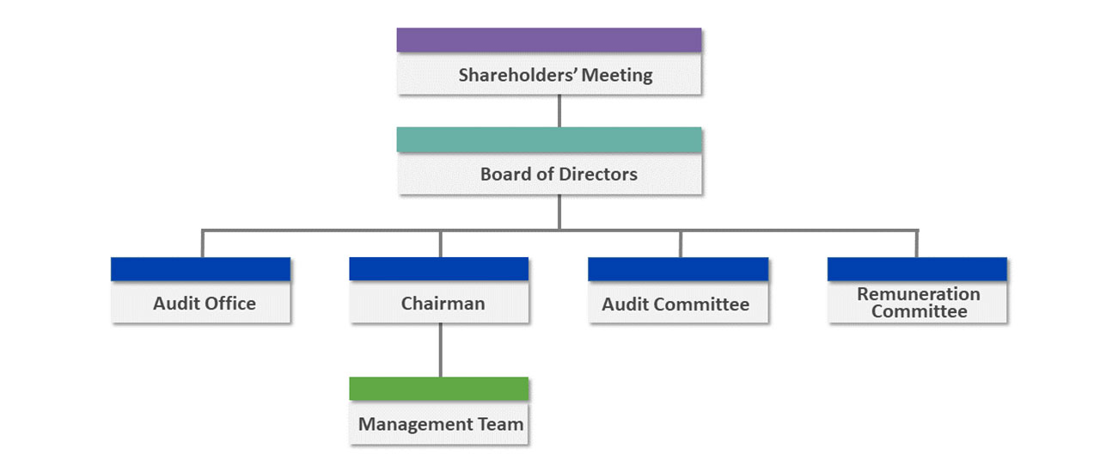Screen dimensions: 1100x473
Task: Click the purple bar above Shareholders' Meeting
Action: (x=549, y=40)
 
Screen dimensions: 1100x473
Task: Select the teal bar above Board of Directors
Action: (x=549, y=139)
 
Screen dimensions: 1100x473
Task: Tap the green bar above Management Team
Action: (x=439, y=389)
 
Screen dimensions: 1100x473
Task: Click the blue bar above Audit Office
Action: (x=200, y=269)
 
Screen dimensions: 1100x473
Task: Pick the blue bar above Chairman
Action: (x=439, y=269)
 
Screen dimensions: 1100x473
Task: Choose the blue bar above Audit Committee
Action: (x=678, y=269)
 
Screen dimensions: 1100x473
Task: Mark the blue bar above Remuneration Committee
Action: (x=917, y=269)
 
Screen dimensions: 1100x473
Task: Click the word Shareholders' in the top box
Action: (x=517, y=75)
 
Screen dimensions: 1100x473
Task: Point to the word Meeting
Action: (x=617, y=75)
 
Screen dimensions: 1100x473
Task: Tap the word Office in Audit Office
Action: (x=230, y=304)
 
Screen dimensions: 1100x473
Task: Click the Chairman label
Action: (x=443, y=304)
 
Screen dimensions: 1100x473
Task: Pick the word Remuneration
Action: (x=919, y=293)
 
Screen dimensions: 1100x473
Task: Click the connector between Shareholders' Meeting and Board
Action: (x=559, y=111)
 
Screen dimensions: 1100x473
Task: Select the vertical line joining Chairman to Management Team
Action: (x=441, y=350)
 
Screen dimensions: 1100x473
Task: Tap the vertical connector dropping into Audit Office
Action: (x=202, y=243)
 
